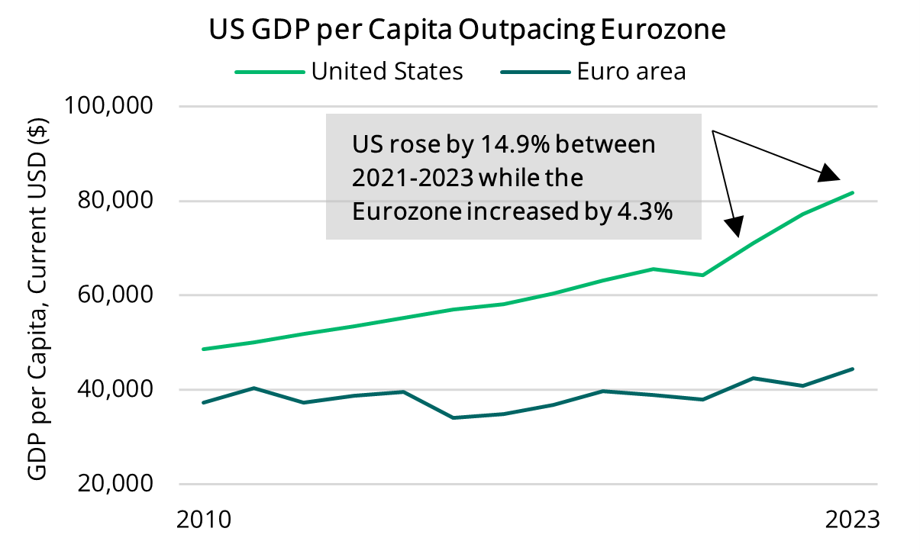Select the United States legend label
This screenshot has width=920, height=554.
(x=387, y=72)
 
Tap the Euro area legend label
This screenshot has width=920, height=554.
(x=631, y=72)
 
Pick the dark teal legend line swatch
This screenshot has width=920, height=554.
(x=535, y=72)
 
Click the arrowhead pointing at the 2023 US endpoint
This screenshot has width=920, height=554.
(x=830, y=174)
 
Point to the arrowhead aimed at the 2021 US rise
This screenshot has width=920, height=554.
(x=734, y=226)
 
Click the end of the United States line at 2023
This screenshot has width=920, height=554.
(x=853, y=192)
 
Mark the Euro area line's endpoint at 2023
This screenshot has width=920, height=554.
(x=853, y=369)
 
